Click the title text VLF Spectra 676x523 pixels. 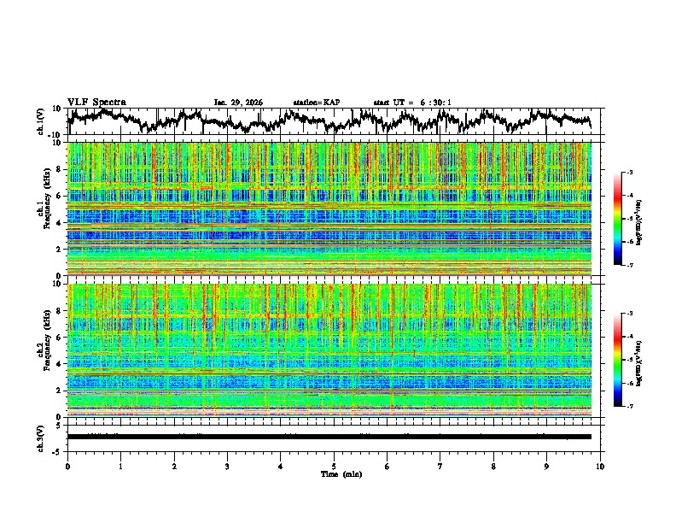96,102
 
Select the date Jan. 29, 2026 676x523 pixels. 238,103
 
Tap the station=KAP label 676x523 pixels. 316,103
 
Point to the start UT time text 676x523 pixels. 412,103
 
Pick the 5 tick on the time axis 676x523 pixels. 335,467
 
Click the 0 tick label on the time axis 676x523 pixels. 67,467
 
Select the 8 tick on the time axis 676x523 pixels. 494,467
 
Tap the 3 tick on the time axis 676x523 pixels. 228,467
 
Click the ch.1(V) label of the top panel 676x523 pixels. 42,121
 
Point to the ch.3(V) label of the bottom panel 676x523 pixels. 42,437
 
